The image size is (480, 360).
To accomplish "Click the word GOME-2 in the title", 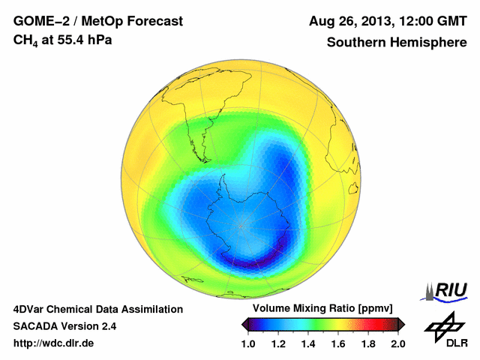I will [37, 22].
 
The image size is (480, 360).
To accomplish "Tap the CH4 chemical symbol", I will [26, 40].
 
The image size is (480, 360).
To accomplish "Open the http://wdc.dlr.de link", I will [54, 343].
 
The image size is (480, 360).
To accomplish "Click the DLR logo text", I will [445, 343].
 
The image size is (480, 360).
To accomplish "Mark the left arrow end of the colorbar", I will [244, 323].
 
